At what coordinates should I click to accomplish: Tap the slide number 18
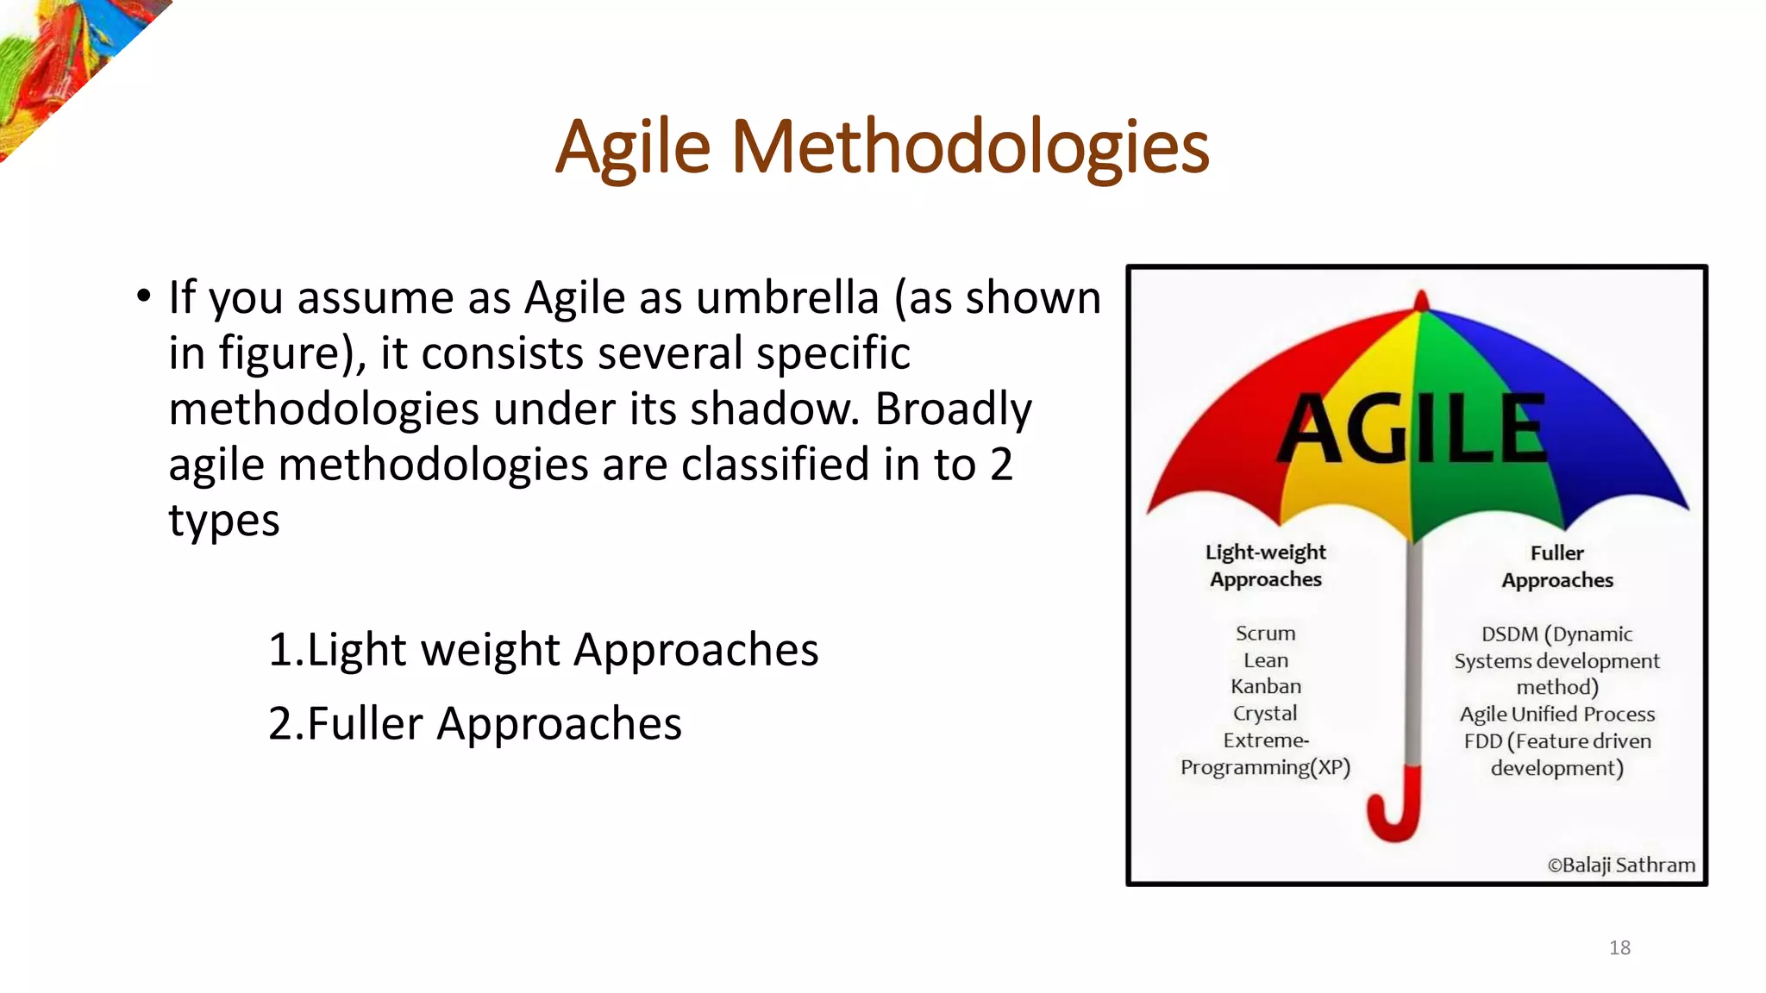(1619, 948)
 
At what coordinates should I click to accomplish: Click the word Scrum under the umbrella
(1265, 634)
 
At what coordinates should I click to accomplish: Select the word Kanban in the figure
(1265, 687)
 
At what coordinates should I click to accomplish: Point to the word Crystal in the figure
(1264, 714)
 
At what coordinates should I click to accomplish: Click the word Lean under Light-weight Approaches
(1265, 660)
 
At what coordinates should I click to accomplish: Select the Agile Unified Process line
(1556, 715)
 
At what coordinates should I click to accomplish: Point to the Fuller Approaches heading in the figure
(1556, 566)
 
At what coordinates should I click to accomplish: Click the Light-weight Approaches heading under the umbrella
(1265, 565)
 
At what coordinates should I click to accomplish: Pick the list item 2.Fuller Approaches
(474, 723)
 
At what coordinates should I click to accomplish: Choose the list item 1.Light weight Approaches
(542, 649)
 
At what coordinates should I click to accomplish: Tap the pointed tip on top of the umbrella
(1421, 300)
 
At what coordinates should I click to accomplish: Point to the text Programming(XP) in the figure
(1265, 767)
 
